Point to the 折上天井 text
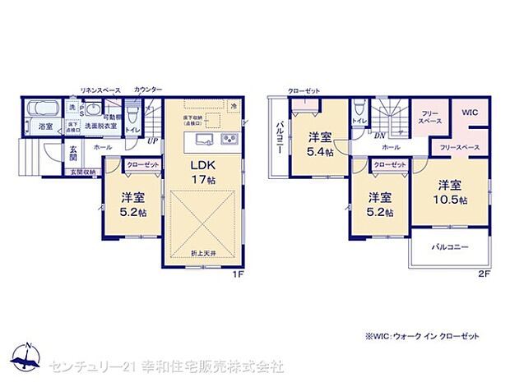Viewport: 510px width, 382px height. pyautogui.click(x=204, y=252)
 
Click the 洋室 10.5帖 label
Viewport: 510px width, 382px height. pyautogui.click(x=452, y=192)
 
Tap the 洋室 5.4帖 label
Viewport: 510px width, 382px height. pyautogui.click(x=320, y=144)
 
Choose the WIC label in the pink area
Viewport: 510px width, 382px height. pyautogui.click(x=469, y=112)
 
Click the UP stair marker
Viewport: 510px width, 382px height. pyautogui.click(x=152, y=140)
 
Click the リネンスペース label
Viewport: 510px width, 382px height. pyautogui.click(x=100, y=89)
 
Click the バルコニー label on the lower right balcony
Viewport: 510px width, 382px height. pyautogui.click(x=449, y=246)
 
